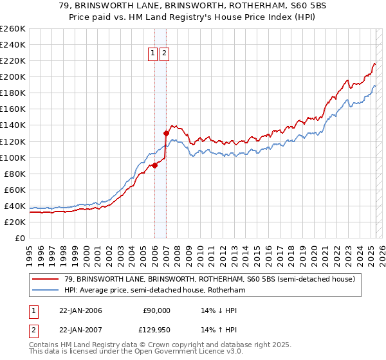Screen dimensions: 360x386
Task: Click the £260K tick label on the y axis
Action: [x=12, y=29]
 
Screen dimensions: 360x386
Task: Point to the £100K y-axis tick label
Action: [x=12, y=157]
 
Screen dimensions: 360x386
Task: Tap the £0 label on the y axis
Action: [x=19, y=238]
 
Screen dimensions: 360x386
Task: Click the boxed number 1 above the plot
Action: [x=153, y=54]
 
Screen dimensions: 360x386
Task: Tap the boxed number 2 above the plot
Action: [x=164, y=54]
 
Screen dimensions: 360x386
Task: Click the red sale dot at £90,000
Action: [x=154, y=165]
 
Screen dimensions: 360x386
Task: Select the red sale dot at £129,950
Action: [x=166, y=133]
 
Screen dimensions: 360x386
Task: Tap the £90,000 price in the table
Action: [x=155, y=310]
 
